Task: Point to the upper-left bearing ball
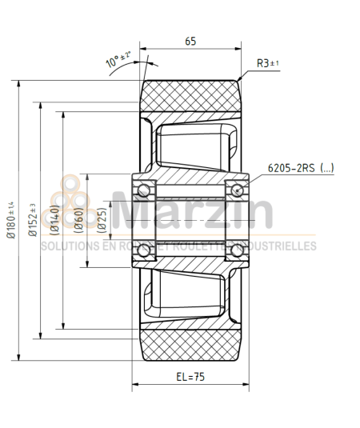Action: (144, 189)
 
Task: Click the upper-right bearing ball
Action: (238, 189)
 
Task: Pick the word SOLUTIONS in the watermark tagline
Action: (68, 246)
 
